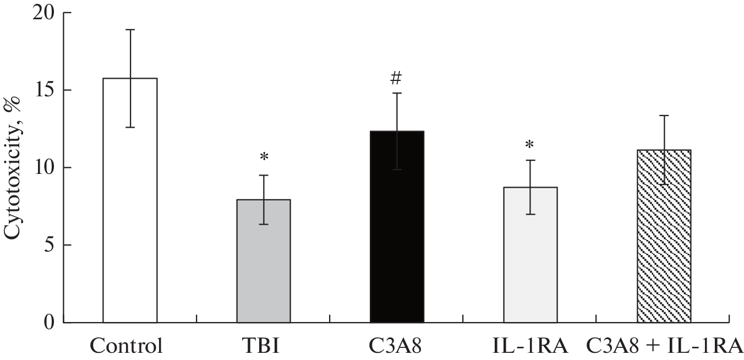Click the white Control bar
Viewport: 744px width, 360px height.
[x=130, y=220]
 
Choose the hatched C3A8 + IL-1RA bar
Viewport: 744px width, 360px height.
[x=664, y=242]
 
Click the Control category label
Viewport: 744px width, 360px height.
[x=127, y=347]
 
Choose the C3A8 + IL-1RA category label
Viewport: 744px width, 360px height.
[x=664, y=347]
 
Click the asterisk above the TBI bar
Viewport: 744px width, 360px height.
[x=264, y=157]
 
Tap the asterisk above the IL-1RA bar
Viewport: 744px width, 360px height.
[x=529, y=145]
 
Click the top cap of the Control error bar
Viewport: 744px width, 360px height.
[x=130, y=30]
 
